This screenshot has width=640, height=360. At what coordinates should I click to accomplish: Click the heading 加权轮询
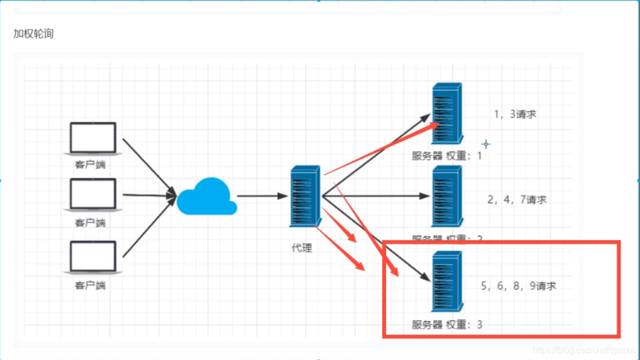point(33,34)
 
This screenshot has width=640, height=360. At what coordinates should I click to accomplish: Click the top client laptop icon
point(93,138)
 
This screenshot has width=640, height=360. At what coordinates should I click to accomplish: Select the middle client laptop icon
point(93,194)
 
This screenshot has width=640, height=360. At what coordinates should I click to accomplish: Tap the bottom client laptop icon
point(93,257)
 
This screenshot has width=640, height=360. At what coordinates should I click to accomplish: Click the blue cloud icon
point(207,197)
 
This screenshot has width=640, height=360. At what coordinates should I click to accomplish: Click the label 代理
point(302,248)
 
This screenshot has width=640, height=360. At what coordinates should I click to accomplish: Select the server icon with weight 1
point(447,114)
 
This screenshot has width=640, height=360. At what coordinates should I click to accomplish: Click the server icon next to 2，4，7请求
point(447,196)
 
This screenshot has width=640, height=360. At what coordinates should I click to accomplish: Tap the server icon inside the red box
point(447,281)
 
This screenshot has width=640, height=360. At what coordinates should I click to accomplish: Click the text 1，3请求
point(515,114)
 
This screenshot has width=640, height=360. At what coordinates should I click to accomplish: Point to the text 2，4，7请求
point(516,200)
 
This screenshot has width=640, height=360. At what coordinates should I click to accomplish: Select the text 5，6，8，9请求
point(518,286)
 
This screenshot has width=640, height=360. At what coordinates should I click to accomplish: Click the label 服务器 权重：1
point(447,156)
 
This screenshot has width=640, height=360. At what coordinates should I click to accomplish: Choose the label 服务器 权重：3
point(447,324)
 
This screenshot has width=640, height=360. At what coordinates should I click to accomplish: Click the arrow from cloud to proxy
point(262,196)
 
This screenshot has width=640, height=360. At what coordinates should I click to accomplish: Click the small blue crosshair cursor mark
point(486,144)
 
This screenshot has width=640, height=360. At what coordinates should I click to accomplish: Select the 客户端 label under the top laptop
point(90,164)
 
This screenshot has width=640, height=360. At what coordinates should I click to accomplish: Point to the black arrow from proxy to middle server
point(375,196)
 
